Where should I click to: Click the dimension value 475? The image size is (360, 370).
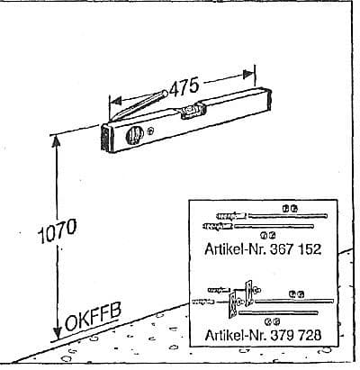coord(184,86)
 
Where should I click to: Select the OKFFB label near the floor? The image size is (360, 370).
coord(94,317)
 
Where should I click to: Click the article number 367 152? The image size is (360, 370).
coord(295,249)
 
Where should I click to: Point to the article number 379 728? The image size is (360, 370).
coord(295,335)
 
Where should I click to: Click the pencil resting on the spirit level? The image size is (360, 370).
coord(139,105)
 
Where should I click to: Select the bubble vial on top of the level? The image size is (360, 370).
coord(193,111)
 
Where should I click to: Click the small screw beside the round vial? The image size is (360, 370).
coord(151,131)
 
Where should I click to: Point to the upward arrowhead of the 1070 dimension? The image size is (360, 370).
coord(56,142)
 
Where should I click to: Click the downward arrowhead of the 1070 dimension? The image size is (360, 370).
coord(57,333)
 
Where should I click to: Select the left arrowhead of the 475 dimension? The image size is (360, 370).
coord(115,101)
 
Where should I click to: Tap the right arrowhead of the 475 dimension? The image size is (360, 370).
coord(248,74)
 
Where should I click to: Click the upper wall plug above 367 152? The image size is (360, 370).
coord(231,216)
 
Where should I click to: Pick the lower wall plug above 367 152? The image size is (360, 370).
coord(218,226)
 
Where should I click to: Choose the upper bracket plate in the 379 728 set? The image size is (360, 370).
coord(249,293)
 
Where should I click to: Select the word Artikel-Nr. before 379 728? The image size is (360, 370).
coord(236,335)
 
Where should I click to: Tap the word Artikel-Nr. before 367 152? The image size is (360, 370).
coord(236,249)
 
